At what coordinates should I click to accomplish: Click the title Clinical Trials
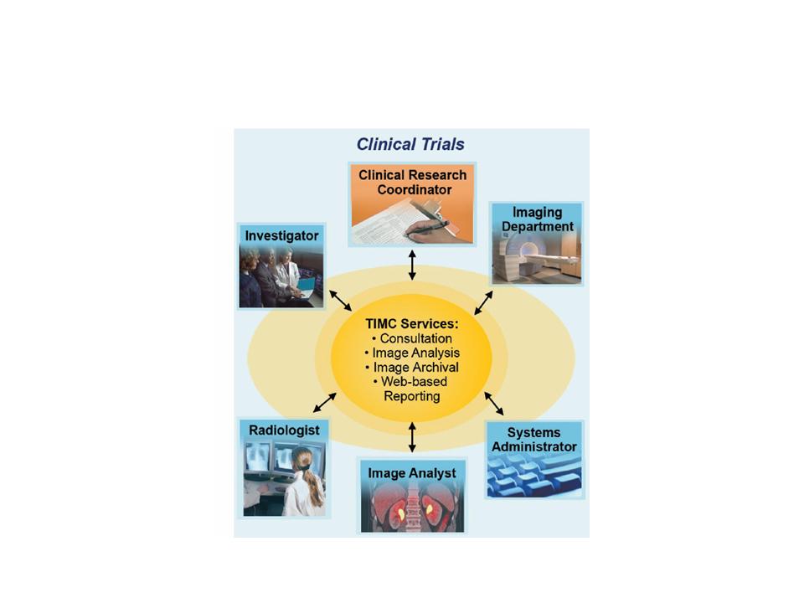coord(410,144)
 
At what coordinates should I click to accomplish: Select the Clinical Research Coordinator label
coord(412,183)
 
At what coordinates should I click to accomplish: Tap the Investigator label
coord(281,236)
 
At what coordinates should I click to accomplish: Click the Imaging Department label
coord(537,219)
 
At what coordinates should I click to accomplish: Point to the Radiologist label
coord(284,430)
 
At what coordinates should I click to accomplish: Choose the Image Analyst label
coord(412,473)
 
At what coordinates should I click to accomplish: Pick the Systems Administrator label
coord(534,440)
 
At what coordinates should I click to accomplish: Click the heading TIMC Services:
coord(412,323)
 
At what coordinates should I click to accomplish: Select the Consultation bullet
coord(412,338)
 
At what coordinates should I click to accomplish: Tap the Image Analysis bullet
coord(412,353)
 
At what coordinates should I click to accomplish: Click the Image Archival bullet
coord(412,367)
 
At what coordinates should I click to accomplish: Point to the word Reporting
coord(412,395)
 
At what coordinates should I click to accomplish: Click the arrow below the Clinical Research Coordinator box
coord(412,265)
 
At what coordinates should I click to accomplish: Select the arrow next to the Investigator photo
coord(340,301)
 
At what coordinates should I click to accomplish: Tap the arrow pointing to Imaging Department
coord(484,301)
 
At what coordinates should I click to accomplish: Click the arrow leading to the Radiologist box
coord(324,403)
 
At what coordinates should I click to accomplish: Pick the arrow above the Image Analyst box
coord(412,437)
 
